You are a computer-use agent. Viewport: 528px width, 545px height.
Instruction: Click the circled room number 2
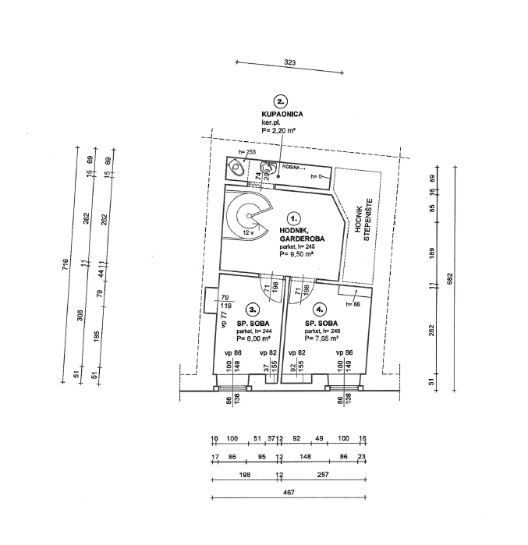point(279,101)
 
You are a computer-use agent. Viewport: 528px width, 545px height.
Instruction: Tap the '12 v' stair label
point(247,233)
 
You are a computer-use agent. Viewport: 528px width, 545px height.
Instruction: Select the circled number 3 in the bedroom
point(252,309)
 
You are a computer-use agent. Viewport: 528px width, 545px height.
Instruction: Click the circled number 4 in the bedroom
point(320,309)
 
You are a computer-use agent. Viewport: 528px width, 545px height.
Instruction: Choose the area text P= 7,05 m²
point(321,338)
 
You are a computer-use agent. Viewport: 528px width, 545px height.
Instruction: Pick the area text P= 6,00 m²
point(253,338)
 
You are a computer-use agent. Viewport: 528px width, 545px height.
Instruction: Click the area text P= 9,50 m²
point(296,254)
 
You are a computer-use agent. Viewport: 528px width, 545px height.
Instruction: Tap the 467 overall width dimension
point(289,493)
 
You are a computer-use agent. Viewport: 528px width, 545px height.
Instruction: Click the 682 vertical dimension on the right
point(450,278)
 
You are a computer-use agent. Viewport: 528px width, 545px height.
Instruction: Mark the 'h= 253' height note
point(247,152)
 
